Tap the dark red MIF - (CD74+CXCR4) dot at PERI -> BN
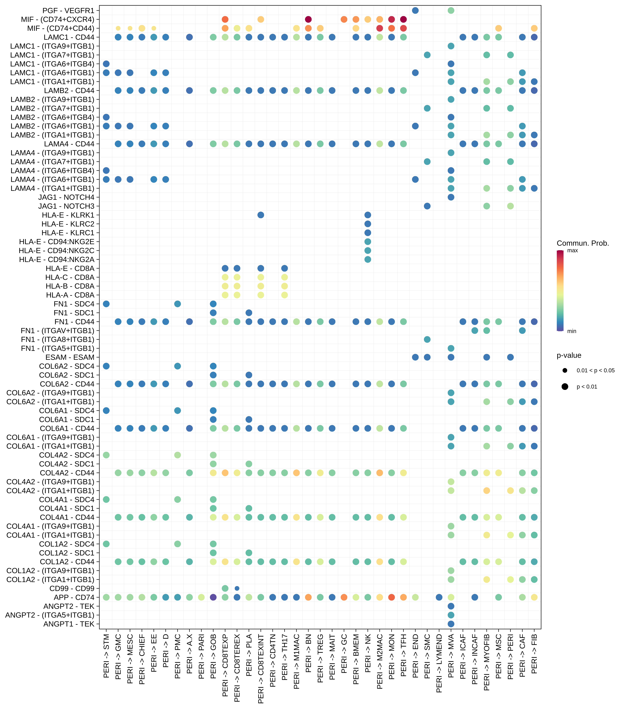308,19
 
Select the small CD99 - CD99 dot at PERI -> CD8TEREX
237,588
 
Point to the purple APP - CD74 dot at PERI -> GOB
213,597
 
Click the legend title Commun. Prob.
583,243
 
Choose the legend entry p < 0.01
587,387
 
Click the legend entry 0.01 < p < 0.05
596,370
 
